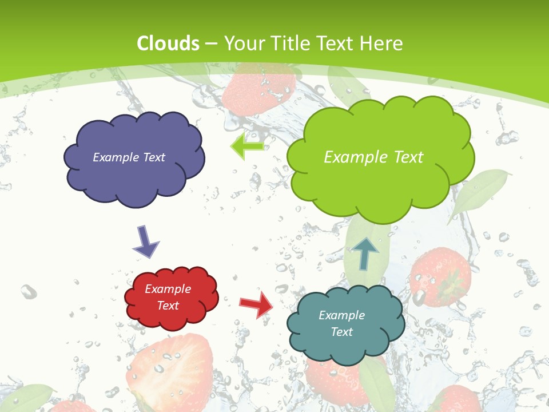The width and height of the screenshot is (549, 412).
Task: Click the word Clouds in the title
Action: click(x=168, y=43)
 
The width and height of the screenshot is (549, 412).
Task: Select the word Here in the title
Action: click(x=383, y=43)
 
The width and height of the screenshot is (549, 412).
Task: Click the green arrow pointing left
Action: click(x=247, y=146)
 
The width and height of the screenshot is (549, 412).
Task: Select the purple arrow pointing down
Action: click(x=145, y=241)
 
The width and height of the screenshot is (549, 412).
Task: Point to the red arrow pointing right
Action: click(x=256, y=304)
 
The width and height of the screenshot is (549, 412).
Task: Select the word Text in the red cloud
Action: click(x=168, y=306)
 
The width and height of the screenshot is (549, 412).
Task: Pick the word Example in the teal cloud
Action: click(x=341, y=315)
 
